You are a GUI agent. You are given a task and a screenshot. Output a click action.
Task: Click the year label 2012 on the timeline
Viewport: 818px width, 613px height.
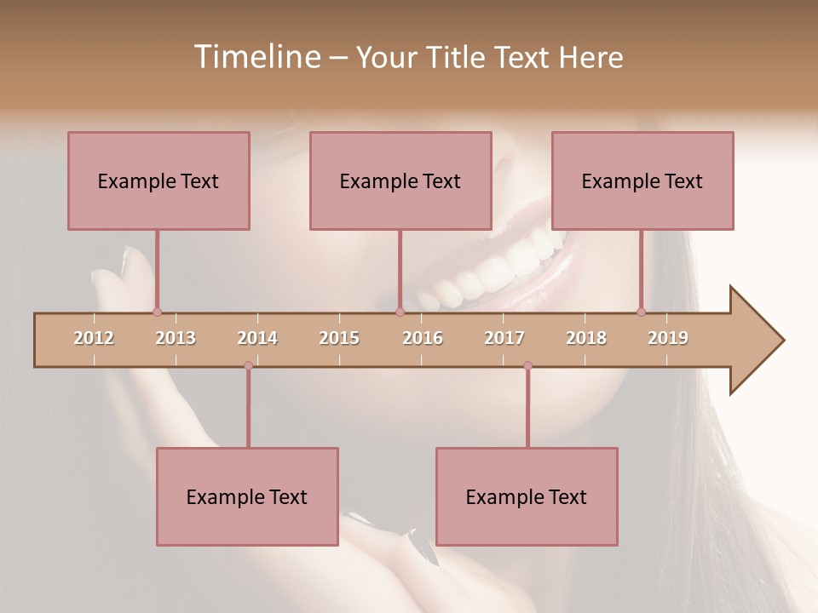click(x=94, y=338)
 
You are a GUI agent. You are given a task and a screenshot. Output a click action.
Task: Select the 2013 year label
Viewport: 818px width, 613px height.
click(x=176, y=338)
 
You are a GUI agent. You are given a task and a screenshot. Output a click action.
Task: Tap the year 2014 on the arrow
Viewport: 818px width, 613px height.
click(x=257, y=338)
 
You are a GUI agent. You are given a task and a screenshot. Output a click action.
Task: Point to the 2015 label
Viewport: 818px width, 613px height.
click(x=339, y=338)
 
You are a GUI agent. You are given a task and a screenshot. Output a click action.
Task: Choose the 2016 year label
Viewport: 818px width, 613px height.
click(x=423, y=338)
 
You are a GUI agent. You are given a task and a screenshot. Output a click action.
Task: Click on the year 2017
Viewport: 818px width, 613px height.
click(x=504, y=338)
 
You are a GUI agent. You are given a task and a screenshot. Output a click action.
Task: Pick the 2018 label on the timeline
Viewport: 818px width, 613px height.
click(x=586, y=338)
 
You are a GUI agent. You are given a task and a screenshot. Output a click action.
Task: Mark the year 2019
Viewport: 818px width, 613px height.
click(x=668, y=338)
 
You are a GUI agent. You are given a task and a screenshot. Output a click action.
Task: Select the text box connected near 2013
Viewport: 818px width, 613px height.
click(x=158, y=180)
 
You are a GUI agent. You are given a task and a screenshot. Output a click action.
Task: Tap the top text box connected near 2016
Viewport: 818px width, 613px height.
click(x=400, y=180)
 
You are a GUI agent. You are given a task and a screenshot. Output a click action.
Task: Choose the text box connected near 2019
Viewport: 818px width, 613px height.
click(x=642, y=180)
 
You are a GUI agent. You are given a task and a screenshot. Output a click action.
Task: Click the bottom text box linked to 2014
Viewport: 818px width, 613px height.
click(x=247, y=496)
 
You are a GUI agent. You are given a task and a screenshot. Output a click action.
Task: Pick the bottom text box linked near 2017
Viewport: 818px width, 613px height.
click(x=527, y=496)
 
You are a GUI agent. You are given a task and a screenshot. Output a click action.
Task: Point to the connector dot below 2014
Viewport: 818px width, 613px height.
click(x=248, y=365)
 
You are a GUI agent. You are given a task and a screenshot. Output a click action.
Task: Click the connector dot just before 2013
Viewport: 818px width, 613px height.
click(x=157, y=312)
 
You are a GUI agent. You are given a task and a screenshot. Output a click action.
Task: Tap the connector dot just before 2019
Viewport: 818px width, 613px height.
click(x=641, y=312)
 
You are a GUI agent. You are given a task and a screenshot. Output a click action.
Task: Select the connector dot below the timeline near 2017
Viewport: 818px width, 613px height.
click(x=527, y=365)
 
